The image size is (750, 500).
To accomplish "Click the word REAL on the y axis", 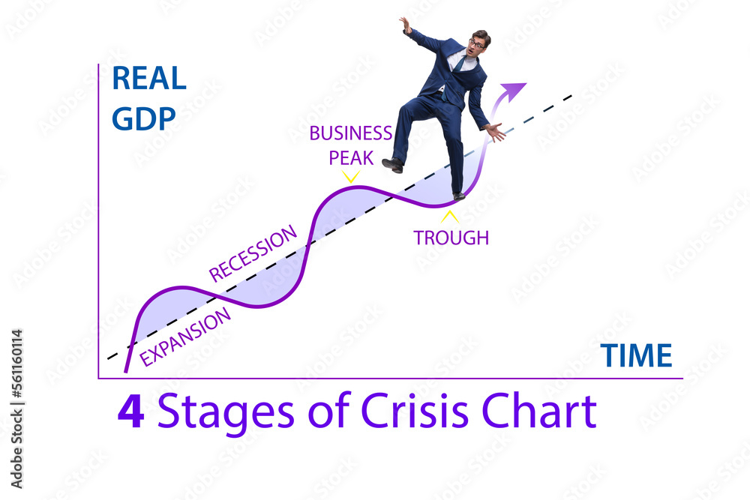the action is (148, 78).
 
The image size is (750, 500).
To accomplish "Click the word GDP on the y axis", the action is (143, 118).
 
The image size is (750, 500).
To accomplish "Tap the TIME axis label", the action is (636, 355).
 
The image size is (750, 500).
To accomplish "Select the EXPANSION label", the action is (185, 337).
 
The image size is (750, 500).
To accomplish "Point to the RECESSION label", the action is (253, 253).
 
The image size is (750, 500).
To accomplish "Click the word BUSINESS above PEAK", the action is (350, 133).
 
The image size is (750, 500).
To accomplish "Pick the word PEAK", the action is (351, 157).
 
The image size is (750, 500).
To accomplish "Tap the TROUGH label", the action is (451, 238).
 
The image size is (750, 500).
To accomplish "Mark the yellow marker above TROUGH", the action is (449, 217).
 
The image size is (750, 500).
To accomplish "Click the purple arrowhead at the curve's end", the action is (514, 91).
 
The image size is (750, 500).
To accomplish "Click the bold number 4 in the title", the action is (130, 411).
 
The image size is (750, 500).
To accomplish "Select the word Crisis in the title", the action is (414, 410).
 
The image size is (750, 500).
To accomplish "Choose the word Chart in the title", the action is (539, 410).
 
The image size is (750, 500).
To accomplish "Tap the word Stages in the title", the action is (226, 413).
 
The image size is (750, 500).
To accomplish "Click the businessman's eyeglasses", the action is (476, 44).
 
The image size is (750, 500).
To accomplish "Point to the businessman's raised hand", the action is (405, 25).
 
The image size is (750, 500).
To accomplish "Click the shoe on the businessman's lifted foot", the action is (393, 165).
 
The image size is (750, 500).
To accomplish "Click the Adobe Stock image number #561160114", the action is (16, 364).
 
